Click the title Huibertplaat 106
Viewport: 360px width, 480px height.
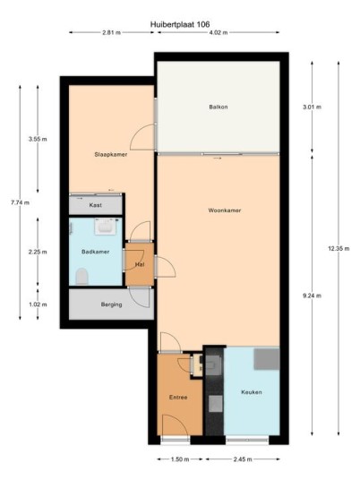180,24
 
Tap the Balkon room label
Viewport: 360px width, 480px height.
219,107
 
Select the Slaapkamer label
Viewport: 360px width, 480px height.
111,155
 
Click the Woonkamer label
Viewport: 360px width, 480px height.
225,210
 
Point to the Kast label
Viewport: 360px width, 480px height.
95,205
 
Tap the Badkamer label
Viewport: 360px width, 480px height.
95,252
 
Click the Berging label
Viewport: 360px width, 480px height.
111,304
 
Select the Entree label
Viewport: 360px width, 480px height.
178,398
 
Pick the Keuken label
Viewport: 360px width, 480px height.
252,392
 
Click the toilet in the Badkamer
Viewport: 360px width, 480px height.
81,276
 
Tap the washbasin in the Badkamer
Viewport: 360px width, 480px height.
106,227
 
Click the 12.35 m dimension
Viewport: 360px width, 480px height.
339,249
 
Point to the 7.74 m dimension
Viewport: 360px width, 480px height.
21,202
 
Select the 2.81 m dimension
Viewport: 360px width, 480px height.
111,32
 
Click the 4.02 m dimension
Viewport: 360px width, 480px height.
219,32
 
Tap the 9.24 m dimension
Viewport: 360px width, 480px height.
312,296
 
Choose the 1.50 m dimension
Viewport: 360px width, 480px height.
180,459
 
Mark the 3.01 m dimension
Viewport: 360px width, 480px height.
312,107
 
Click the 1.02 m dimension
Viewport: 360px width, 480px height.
38,304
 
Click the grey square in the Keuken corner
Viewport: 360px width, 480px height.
267,359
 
